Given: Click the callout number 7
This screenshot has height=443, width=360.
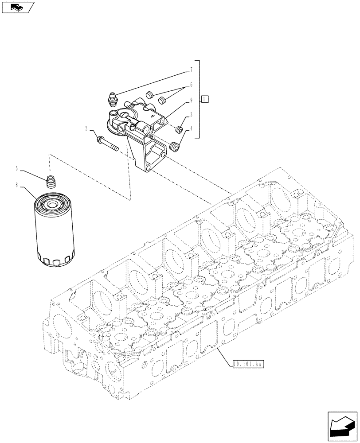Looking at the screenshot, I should click(191, 70).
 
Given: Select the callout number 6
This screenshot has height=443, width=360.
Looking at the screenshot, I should click(191, 84).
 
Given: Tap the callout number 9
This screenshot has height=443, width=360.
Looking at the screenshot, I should click(191, 100).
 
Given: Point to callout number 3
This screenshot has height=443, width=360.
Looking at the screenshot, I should click(191, 115).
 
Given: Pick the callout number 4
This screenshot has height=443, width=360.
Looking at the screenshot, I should click(191, 129).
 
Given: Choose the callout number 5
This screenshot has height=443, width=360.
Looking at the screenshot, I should click(17, 169).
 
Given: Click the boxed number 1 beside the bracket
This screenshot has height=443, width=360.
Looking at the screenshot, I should click(204, 99).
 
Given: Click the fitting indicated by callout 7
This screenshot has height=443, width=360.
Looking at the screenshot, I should click(112, 98).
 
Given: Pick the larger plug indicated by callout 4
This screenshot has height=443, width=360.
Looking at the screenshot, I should click(176, 146).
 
